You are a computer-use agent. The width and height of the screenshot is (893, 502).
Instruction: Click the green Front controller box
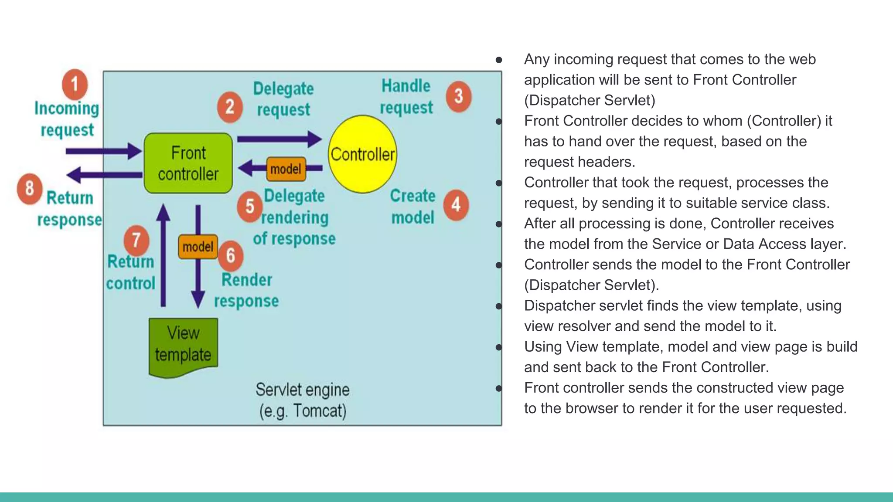click(x=188, y=163)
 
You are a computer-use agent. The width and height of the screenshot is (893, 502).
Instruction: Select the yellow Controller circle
click(x=362, y=154)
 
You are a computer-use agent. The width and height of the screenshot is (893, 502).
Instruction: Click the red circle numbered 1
click(x=75, y=84)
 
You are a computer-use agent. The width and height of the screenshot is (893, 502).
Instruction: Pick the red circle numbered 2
click(x=230, y=107)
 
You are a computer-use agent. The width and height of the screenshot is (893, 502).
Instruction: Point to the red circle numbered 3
click(x=458, y=96)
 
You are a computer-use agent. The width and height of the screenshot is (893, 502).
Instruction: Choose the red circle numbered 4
click(x=456, y=204)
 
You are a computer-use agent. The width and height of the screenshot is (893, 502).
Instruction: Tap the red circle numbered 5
click(x=250, y=207)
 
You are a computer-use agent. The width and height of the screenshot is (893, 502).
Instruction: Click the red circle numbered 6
click(x=231, y=255)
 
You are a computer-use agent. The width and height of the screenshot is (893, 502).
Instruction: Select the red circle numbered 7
click(x=136, y=240)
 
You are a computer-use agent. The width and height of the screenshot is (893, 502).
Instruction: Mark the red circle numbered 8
click(x=30, y=189)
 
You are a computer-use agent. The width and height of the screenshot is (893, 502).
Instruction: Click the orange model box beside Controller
click(x=286, y=169)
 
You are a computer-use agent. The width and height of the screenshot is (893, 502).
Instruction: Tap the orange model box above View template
click(x=198, y=247)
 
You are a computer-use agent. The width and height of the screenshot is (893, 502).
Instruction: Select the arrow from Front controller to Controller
click(x=279, y=139)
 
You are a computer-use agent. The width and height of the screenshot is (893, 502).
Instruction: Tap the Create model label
click(x=412, y=207)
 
